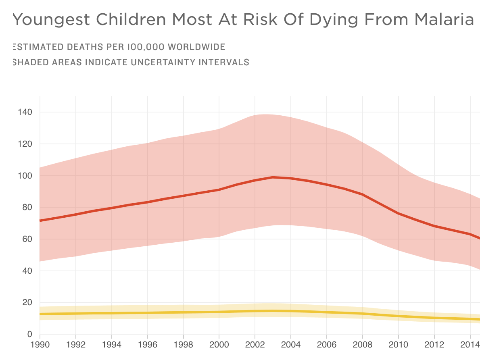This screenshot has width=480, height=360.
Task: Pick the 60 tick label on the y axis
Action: (x=26, y=239)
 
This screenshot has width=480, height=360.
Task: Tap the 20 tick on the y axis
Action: (x=26, y=303)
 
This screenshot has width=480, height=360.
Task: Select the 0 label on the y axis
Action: (x=29, y=335)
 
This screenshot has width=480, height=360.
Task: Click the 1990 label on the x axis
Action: (x=40, y=346)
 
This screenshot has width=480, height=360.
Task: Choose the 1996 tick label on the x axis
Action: (x=148, y=346)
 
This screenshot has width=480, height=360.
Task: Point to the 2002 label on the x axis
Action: (x=255, y=346)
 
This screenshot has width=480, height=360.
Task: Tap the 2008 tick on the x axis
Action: (x=363, y=346)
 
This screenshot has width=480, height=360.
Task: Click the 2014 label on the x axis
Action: (x=470, y=346)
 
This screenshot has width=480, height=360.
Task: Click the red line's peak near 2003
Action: (x=273, y=177)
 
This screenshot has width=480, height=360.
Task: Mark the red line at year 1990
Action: (x=40, y=221)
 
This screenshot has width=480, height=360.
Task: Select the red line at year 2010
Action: (x=399, y=213)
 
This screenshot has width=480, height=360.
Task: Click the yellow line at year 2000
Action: (x=219, y=312)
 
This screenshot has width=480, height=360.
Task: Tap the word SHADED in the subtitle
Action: (x=28, y=62)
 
